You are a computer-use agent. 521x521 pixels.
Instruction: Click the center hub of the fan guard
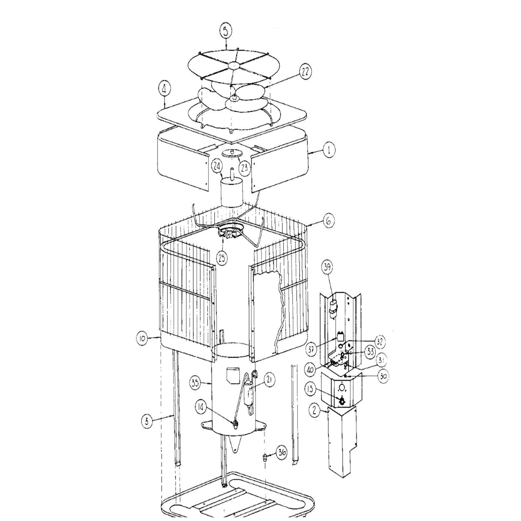[x=234, y=65]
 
